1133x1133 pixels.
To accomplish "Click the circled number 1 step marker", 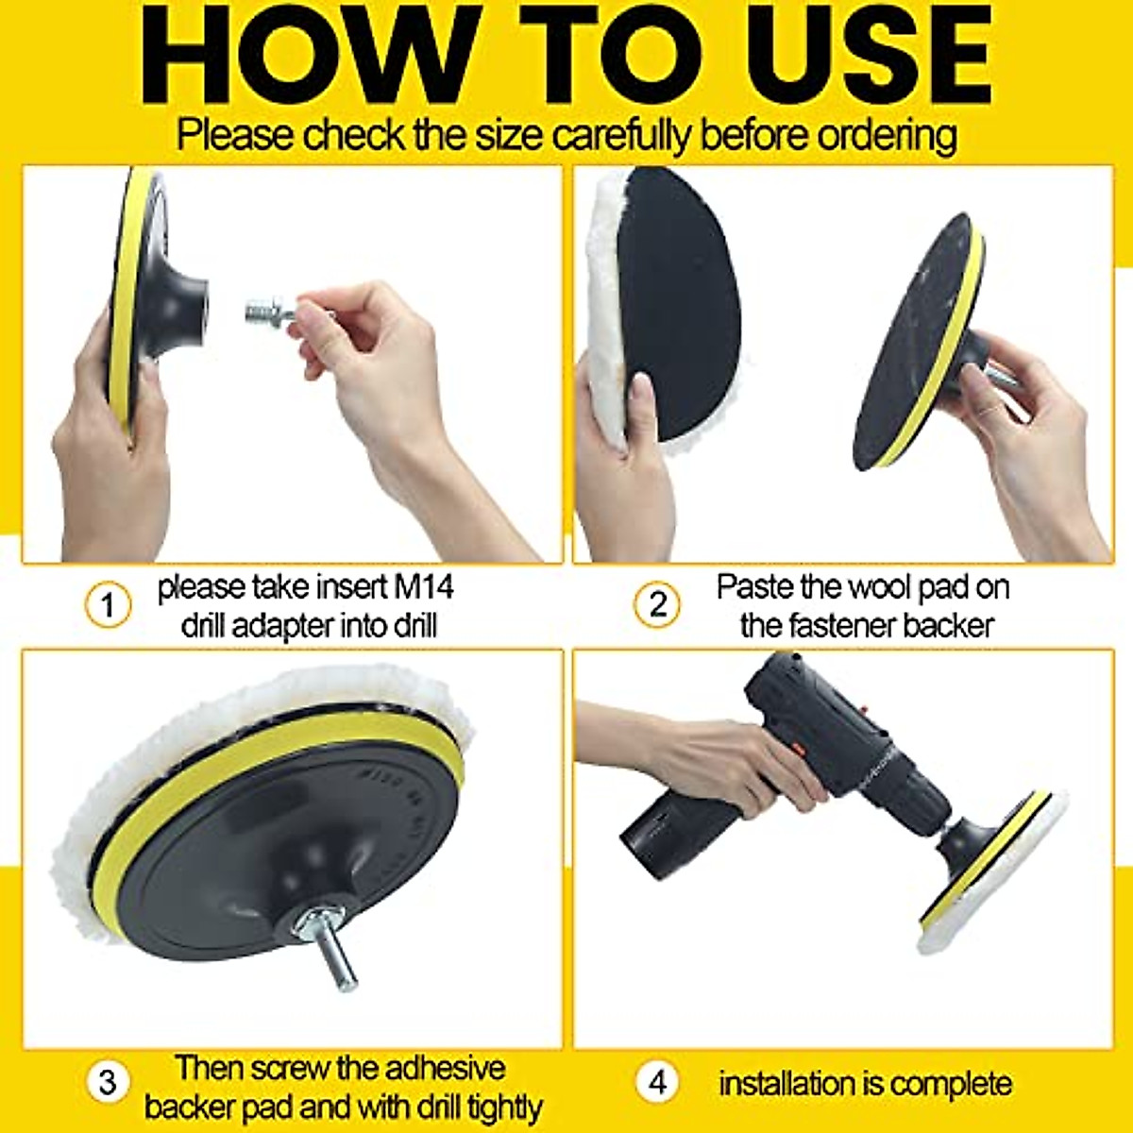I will point(108,604).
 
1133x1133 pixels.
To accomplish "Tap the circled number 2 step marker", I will point(657,604).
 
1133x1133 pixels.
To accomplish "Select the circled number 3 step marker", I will point(108,1081).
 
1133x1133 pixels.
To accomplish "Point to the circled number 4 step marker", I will point(657,1081).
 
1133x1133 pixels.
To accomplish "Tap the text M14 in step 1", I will point(421,587).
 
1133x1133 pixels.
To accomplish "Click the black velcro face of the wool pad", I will point(680,302).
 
